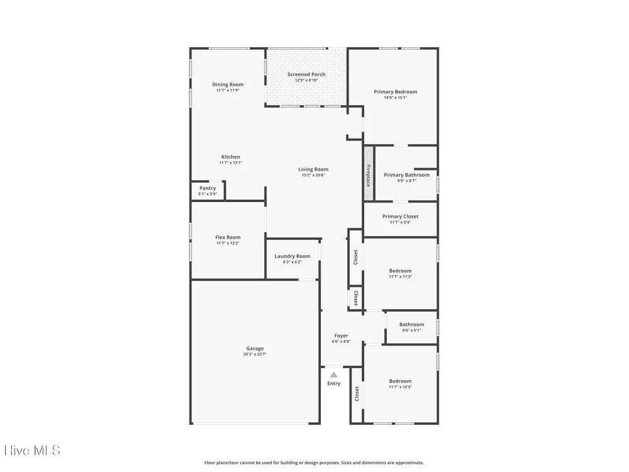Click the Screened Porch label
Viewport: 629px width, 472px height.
pyautogui.click(x=306, y=74)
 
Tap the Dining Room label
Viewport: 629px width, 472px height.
pyautogui.click(x=228, y=84)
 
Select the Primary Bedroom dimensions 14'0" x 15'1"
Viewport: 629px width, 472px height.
pyautogui.click(x=396, y=98)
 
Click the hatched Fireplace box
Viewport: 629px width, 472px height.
pyautogui.click(x=369, y=174)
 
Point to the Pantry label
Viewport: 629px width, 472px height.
pyautogui.click(x=208, y=188)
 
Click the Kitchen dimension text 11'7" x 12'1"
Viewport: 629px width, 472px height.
pyautogui.click(x=231, y=162)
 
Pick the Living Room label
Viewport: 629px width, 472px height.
pyautogui.click(x=313, y=169)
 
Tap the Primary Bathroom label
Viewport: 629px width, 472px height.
pyautogui.click(x=407, y=175)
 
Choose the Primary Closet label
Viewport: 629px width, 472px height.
pyautogui.click(x=400, y=216)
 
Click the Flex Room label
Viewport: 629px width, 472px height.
pyautogui.click(x=228, y=237)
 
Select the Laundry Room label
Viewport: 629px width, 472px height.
pyautogui.click(x=292, y=256)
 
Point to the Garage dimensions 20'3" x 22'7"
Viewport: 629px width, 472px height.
pyautogui.click(x=255, y=354)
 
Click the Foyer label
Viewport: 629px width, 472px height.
pyautogui.click(x=342, y=335)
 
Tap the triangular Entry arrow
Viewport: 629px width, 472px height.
pyautogui.click(x=334, y=375)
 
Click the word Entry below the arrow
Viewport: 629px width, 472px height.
pyautogui.click(x=334, y=383)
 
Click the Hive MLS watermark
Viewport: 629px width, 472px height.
pyautogui.click(x=32, y=451)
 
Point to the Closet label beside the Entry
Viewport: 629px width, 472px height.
pyautogui.click(x=357, y=394)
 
